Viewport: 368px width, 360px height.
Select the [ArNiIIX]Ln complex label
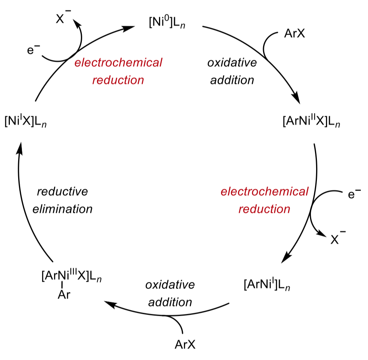click(311, 122)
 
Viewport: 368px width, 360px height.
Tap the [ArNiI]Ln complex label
click(267, 283)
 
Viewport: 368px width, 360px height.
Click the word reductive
click(62, 191)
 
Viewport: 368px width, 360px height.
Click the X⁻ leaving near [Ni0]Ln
click(62, 19)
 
